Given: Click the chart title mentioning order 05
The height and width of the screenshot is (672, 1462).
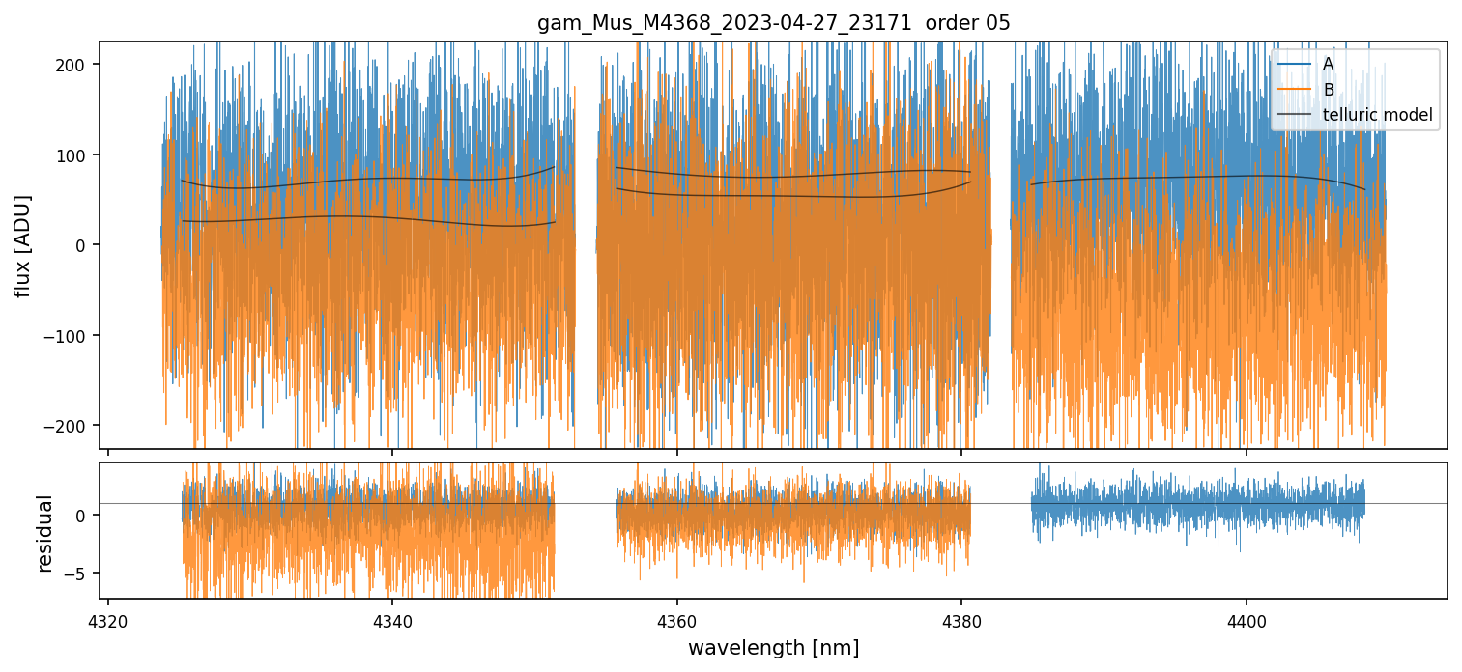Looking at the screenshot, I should coord(773,23).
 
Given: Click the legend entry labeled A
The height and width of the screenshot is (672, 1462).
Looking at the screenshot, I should coord(1328,64).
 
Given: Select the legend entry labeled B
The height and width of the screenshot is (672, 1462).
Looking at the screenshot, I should coord(1328,90).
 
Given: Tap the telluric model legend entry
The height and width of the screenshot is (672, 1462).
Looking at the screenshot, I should coord(1377,116).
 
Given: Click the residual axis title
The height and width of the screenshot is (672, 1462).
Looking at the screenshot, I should coord(44,533).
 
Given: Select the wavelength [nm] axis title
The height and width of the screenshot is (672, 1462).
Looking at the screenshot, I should coord(773,647).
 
